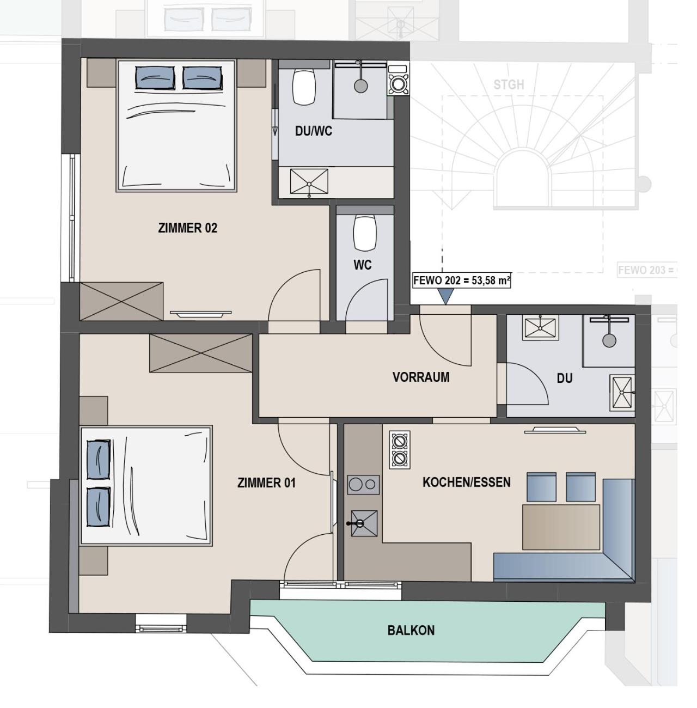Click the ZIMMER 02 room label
coord(187,228)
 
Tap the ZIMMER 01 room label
coord(266,483)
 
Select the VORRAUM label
coord(421,377)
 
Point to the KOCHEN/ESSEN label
coord(466,482)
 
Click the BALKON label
coord(411,630)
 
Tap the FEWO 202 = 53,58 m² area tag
coord(461,280)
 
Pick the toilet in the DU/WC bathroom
coord(304,87)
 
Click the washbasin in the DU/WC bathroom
coord(309,181)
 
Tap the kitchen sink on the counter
coord(364,523)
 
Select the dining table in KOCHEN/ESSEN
coord(561,527)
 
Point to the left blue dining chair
coord(541,487)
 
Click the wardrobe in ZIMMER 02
coord(121,301)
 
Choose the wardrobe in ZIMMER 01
coord(200,353)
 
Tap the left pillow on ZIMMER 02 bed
coord(155,77)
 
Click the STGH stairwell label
coord(509,85)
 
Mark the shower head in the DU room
coord(609,340)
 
